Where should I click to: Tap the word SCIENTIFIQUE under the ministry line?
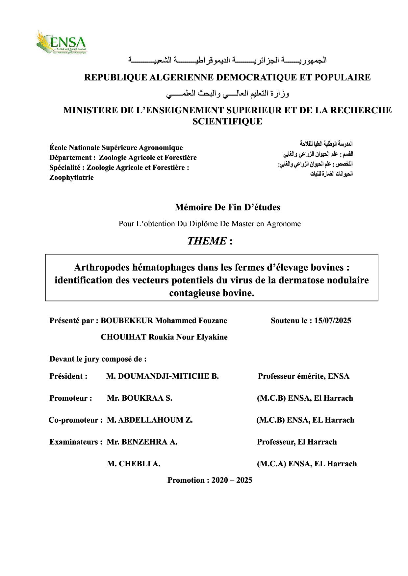[227, 122]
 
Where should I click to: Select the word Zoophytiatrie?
[71, 178]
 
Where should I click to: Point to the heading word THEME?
[207, 241]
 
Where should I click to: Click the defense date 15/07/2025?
[332, 321]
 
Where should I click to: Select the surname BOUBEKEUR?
[127, 321]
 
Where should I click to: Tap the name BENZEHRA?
[144, 442]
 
